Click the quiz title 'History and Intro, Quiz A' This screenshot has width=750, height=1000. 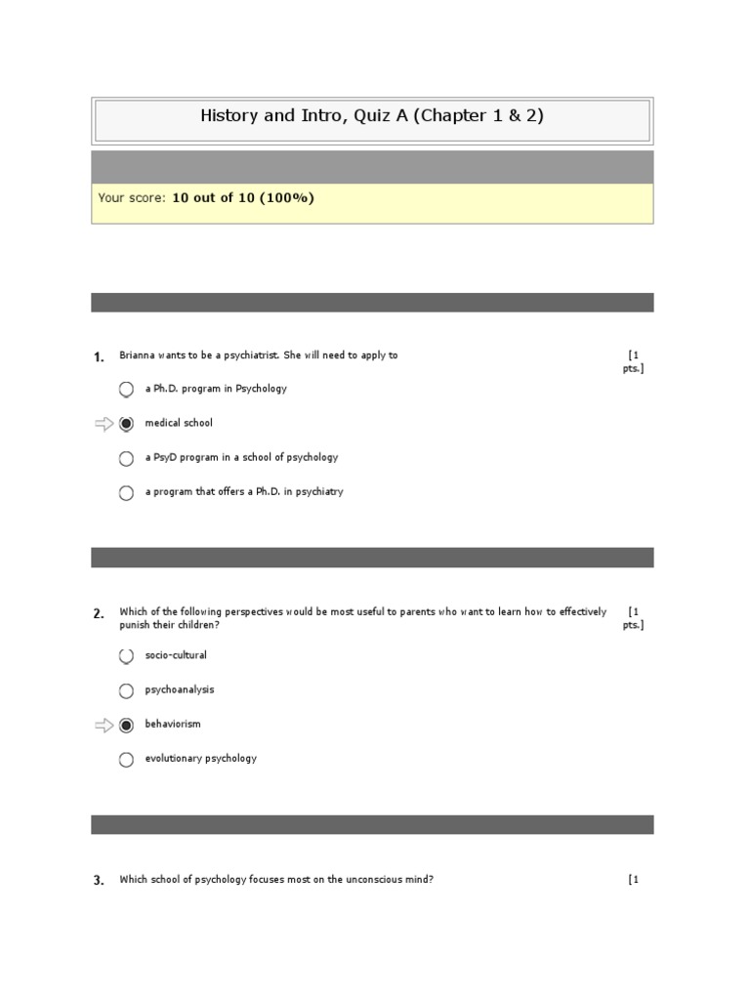point(371,115)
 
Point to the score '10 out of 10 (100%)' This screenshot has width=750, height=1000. point(243,198)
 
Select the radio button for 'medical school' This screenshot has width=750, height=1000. point(126,424)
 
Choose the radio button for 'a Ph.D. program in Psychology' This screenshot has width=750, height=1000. point(126,390)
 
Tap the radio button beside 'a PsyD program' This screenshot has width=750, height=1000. point(126,458)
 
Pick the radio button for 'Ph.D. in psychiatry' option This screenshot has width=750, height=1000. point(126,493)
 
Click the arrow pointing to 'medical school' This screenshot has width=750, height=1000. point(104,424)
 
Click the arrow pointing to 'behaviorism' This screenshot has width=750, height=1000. point(104,725)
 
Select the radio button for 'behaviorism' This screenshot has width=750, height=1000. point(126,725)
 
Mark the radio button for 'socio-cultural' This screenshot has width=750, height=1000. point(126,656)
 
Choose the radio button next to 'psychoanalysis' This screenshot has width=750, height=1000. point(126,690)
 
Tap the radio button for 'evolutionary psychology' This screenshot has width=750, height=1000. point(126,760)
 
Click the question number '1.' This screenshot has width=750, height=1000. point(99,357)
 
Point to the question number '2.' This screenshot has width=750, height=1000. point(99,614)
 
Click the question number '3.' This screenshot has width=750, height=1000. point(99,881)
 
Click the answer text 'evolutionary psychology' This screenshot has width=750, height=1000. point(201,758)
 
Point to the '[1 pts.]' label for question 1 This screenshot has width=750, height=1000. point(634,361)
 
